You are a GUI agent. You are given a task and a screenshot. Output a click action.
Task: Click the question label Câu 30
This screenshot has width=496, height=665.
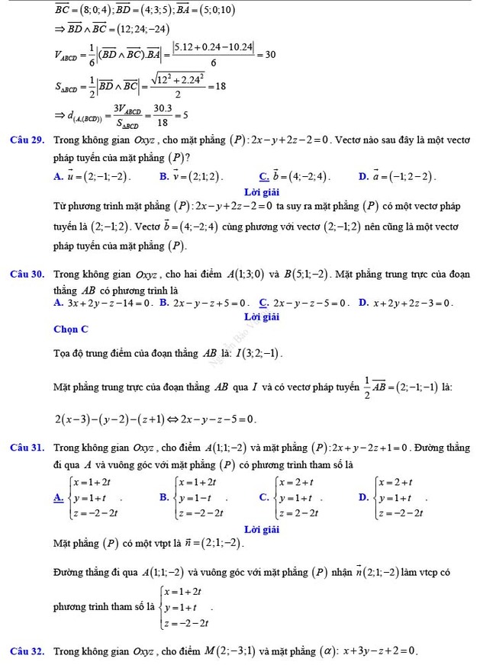pyautogui.click(x=26, y=274)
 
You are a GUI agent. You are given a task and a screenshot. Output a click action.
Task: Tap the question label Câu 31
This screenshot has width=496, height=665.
pyautogui.click(x=26, y=448)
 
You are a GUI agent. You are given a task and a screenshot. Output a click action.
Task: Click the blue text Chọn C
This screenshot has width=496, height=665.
pyautogui.click(x=71, y=329)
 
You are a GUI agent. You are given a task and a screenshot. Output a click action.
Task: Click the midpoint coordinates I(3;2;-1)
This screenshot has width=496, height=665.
pyautogui.click(x=260, y=353)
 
